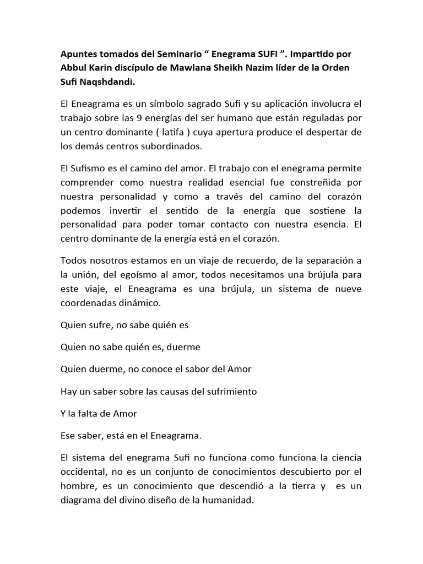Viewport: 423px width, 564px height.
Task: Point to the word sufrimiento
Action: click(x=226, y=391)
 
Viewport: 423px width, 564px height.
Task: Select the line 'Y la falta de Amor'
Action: click(x=99, y=413)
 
